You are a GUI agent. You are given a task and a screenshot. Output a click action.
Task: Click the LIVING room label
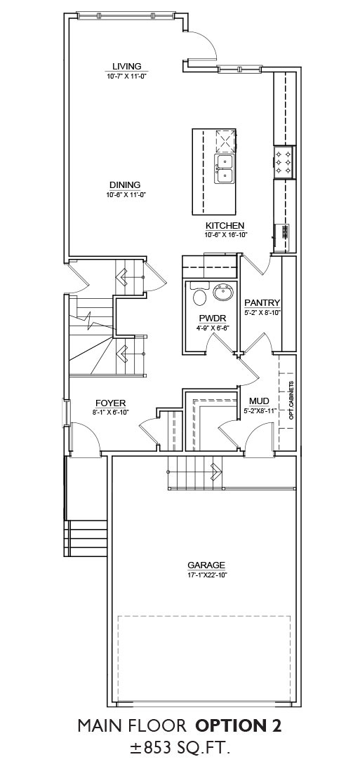coord(126,66)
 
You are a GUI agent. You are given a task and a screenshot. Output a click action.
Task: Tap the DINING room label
coord(125,185)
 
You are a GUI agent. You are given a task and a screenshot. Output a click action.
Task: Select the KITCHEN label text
coord(225,226)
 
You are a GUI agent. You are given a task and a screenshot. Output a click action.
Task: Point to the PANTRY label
coord(262,302)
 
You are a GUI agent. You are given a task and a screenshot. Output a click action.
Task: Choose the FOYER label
coord(111,403)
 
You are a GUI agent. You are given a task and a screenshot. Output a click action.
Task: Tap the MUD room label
coord(259,401)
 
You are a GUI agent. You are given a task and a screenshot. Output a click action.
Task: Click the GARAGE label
coord(206,565)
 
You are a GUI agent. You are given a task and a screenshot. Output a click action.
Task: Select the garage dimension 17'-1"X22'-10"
coord(206,575)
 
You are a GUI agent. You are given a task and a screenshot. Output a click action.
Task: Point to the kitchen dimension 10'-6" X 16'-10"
coord(227,234)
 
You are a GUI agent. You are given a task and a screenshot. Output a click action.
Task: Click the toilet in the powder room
coord(200,294)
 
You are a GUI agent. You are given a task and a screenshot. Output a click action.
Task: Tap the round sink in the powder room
coord(224,294)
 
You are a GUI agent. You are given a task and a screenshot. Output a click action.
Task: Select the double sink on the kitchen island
coord(224,168)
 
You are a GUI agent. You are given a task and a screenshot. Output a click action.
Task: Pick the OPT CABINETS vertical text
coord(291,400)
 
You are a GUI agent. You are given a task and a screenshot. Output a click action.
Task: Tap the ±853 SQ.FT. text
coord(179,749)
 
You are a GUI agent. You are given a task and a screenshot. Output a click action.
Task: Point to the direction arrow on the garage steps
coord(214,471)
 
